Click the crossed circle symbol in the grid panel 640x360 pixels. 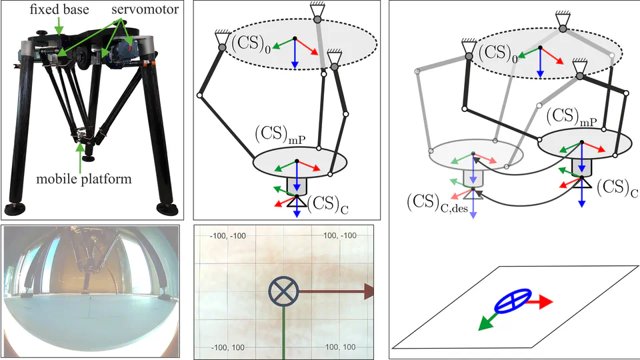[282, 291]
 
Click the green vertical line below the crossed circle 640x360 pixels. [283, 333]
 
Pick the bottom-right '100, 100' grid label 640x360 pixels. [339, 348]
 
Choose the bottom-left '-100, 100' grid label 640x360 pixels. [227, 348]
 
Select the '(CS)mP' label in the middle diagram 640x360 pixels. [276, 134]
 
